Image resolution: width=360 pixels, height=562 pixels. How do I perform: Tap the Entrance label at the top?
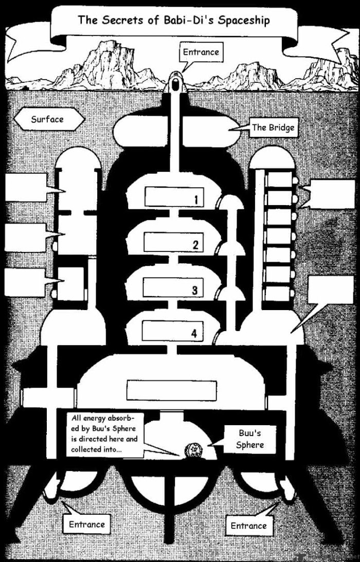201,52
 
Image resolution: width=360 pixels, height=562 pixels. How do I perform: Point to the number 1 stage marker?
196,200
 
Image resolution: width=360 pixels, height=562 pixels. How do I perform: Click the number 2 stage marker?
195,245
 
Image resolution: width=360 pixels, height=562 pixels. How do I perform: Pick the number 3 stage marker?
194,291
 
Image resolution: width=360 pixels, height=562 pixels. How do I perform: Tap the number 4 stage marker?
194,333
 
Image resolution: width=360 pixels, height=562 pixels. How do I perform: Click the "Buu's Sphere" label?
250,439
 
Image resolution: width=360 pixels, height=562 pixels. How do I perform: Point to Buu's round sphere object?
195,450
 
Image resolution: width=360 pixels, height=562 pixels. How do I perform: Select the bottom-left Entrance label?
86,524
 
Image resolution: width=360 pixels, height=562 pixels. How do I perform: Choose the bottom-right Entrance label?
248,525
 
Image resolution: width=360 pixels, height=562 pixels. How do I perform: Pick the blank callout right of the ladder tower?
332,194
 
